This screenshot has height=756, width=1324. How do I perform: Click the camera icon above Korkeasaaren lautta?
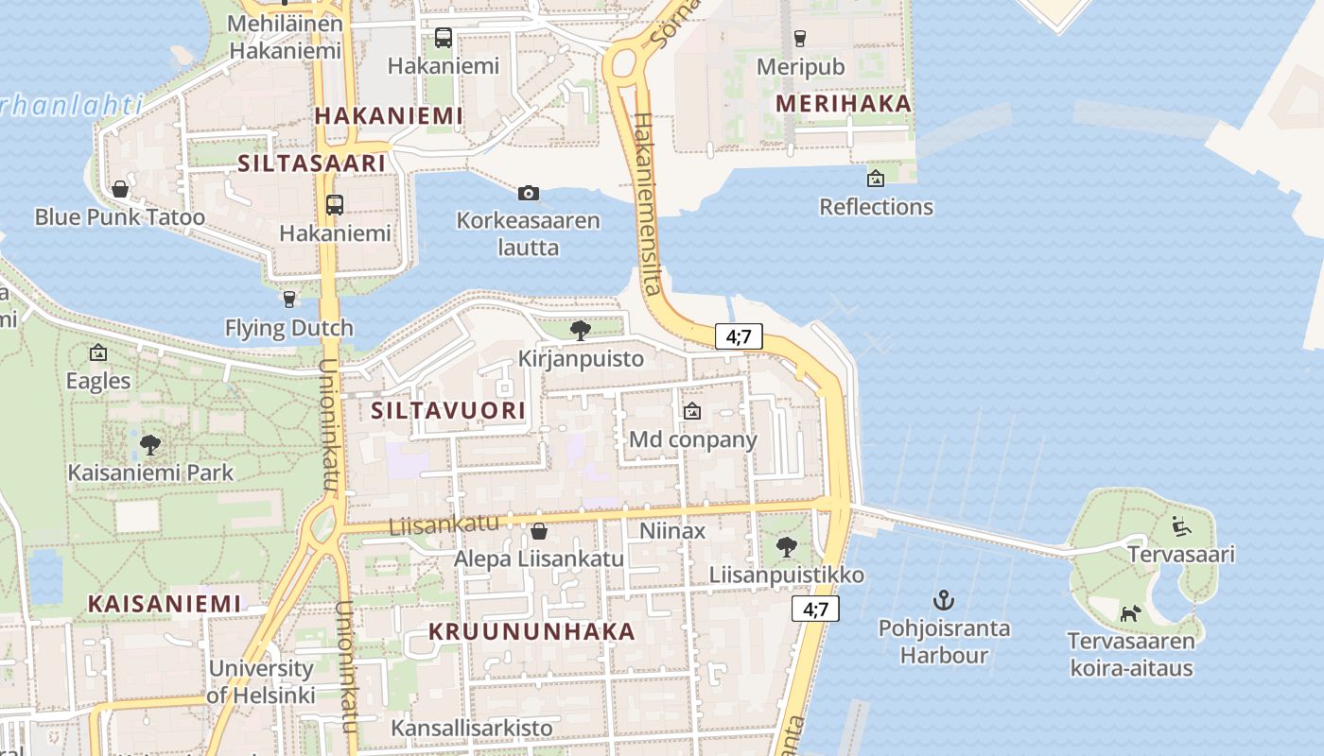pos(529,194)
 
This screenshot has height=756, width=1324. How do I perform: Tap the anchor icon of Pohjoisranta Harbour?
pos(943,600)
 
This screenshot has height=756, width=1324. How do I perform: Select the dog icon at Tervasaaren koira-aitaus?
pos(1130,613)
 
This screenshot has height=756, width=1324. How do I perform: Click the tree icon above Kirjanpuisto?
pos(581,330)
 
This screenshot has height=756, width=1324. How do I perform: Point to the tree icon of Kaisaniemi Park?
pos(149,444)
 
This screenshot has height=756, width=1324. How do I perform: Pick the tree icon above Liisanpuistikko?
pos(786,546)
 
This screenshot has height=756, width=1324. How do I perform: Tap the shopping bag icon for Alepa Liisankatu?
pos(539,531)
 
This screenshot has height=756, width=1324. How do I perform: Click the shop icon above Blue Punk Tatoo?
pos(120,189)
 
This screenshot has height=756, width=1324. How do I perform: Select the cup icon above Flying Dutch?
pos(289,300)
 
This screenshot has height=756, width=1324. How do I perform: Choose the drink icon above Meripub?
pos(800,39)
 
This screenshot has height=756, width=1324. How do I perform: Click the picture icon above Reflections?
pos(876,178)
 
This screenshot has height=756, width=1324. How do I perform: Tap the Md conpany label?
pos(693,439)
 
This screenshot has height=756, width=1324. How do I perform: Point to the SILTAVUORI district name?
pos(448,410)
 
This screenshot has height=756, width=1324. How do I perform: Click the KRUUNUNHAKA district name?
pos(532,631)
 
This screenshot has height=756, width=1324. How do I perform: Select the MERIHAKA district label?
pos(844,104)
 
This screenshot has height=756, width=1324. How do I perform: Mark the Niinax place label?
pos(672,531)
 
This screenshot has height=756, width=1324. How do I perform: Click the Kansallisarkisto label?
pos(472,728)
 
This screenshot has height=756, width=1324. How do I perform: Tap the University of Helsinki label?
pos(261,681)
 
